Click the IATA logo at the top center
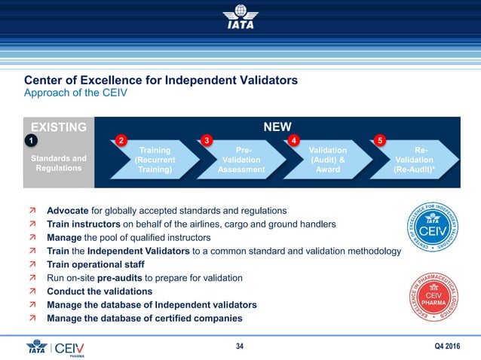(x=240, y=18)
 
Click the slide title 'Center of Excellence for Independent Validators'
(x=161, y=80)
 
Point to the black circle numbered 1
(x=30, y=140)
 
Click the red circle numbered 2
(x=121, y=140)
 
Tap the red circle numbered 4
(x=294, y=140)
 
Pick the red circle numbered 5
(x=381, y=140)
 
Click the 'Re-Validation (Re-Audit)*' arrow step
(x=418, y=160)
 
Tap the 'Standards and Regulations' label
(x=57, y=163)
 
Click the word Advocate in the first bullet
(x=68, y=210)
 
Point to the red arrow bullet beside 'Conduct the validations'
(x=32, y=291)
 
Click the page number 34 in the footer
(x=240, y=346)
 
